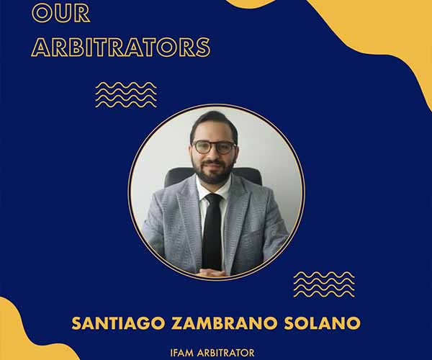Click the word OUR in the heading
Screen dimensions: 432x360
click(61, 13)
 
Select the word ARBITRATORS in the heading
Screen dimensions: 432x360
click(121, 47)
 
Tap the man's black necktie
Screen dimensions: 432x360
click(212, 232)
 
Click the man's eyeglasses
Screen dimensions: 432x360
click(214, 148)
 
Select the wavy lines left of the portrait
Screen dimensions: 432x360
click(126, 95)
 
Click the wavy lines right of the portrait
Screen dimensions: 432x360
click(324, 284)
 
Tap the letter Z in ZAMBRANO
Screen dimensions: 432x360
click(177, 323)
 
